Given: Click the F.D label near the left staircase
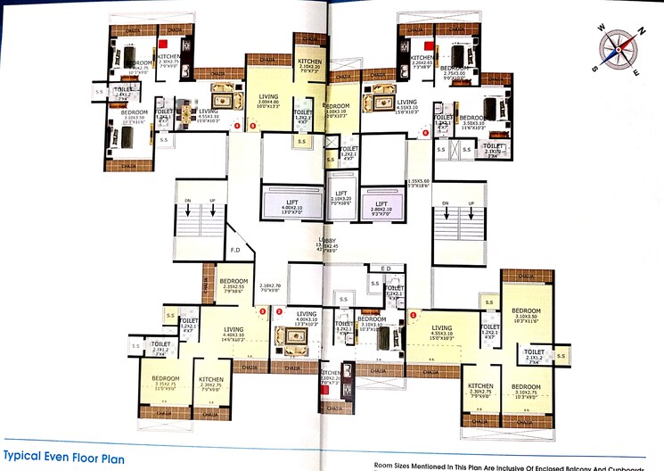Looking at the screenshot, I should tap(235, 251).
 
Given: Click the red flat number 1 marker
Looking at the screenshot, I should tap(414, 313).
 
